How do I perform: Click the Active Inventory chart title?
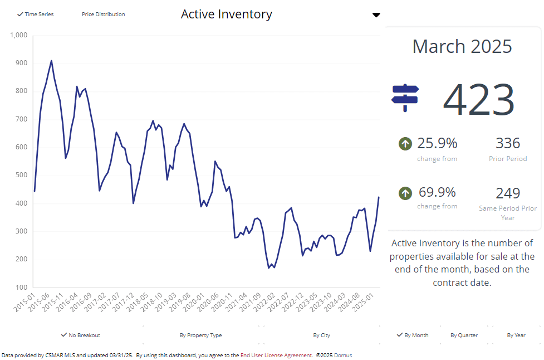pyautogui.click(x=226, y=14)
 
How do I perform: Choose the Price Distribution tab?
pyautogui.click(x=103, y=14)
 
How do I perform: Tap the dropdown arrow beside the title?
pyautogui.click(x=376, y=15)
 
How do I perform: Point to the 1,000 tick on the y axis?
pyautogui.click(x=18, y=35)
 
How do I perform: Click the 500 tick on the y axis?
pyautogui.click(x=21, y=176)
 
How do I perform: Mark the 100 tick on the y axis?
pyautogui.click(x=21, y=288)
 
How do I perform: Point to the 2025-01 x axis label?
pyautogui.click(x=369, y=301)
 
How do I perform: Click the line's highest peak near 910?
pyautogui.click(x=51, y=61)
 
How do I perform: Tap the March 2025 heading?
pyautogui.click(x=462, y=46)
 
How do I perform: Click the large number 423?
pyautogui.click(x=479, y=100)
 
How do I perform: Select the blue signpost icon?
pyautogui.click(x=405, y=98)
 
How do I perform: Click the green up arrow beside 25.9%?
pyautogui.click(x=405, y=144)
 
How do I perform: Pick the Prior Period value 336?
pyautogui.click(x=507, y=143)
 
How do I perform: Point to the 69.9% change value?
pyautogui.click(x=437, y=192)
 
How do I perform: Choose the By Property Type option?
pyautogui.click(x=200, y=335)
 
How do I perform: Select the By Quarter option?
pyautogui.click(x=464, y=335)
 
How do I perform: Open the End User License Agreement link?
pyautogui.click(x=276, y=355)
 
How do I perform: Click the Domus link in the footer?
pyautogui.click(x=343, y=355)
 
